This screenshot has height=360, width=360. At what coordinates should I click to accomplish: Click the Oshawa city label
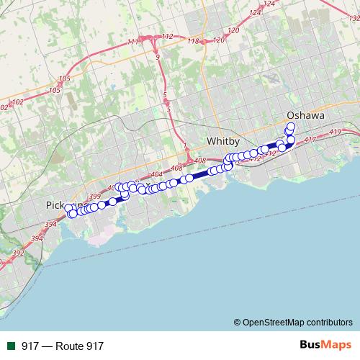[305, 115]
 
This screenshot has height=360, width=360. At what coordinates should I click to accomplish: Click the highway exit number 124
[269, 4]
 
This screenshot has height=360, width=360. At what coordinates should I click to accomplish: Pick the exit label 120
[233, 30]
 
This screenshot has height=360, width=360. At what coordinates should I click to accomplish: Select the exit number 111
[132, 42]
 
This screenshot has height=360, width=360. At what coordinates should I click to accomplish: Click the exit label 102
[18, 102]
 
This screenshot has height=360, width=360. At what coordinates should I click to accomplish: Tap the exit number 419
[335, 133]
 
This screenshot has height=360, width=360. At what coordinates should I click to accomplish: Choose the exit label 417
[311, 139]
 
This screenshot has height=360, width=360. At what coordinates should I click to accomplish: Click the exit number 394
[50, 225]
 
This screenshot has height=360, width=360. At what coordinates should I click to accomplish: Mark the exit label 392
[17, 253]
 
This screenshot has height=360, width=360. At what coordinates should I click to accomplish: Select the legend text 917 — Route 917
[63, 346]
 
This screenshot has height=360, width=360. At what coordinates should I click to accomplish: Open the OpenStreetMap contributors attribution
[292, 323]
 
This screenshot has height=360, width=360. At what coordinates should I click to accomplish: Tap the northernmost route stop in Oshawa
[291, 127]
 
